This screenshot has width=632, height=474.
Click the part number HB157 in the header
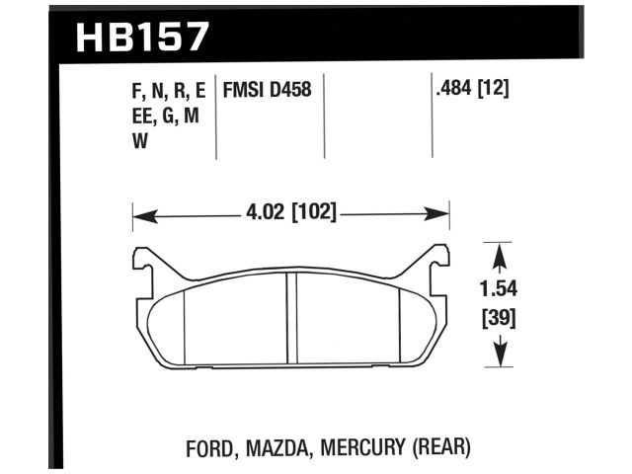(142, 37)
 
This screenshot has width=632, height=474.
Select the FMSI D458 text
(269, 91)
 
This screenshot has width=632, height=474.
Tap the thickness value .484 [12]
(471, 91)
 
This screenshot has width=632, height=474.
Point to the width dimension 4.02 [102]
(291, 211)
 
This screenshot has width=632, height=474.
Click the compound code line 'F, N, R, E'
(167, 91)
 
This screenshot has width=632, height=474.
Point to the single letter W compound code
(139, 141)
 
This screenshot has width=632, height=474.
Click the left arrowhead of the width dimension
(139, 211)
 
